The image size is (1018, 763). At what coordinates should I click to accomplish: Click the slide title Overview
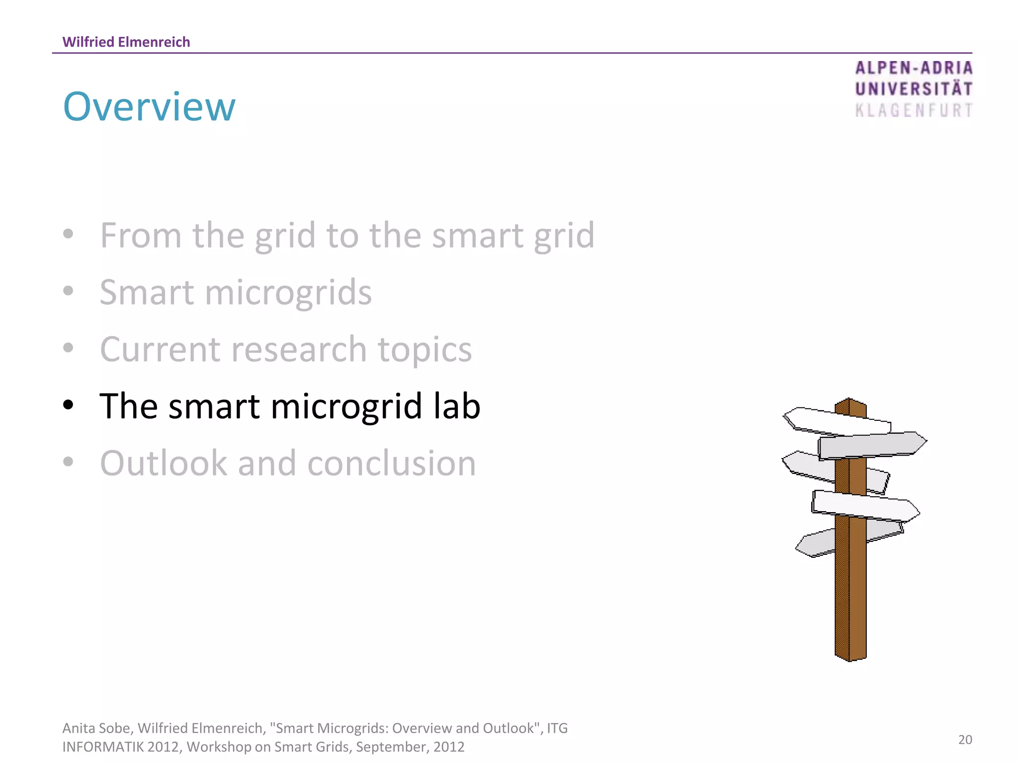[x=149, y=107]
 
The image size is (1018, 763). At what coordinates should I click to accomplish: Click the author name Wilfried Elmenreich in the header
[x=126, y=42]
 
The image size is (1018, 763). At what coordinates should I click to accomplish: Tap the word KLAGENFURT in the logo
[x=914, y=110]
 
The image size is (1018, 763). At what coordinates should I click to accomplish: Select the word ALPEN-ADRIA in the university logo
[x=914, y=68]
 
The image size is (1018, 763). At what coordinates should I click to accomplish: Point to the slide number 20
[x=965, y=740]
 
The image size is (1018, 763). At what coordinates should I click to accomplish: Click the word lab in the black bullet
[x=456, y=406]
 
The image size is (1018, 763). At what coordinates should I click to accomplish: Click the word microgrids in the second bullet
[x=288, y=293]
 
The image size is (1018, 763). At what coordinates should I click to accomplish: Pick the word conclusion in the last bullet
[x=392, y=463]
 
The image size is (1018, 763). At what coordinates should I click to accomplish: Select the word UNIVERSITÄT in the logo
[x=914, y=89]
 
